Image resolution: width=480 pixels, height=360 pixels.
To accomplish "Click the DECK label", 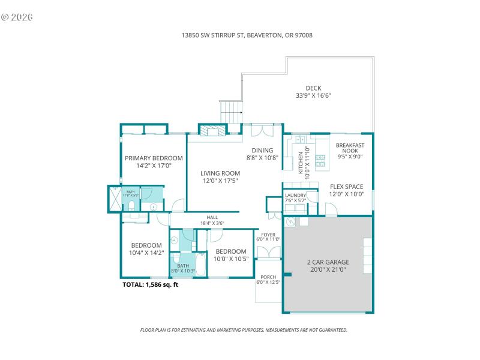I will click(313, 88).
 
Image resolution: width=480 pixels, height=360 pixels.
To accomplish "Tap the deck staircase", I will click(231, 112).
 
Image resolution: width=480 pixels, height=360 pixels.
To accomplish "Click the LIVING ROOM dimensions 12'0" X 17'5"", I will click(220, 181).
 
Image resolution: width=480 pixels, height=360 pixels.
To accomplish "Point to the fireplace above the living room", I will click(212, 132).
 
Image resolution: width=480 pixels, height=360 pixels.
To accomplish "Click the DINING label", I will click(262, 151).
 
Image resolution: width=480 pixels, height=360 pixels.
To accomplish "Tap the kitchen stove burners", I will click(320, 160).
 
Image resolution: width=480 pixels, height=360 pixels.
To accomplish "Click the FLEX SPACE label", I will click(346, 187).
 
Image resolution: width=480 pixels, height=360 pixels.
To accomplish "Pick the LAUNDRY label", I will click(295, 195).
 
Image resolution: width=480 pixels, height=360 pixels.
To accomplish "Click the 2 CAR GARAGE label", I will click(328, 262).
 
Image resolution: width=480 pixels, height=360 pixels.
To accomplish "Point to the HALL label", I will click(212, 218).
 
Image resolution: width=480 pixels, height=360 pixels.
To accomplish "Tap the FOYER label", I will click(268, 235).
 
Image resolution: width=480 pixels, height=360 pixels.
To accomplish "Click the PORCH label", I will click(268, 277).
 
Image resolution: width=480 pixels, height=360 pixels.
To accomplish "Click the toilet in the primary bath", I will click(131, 208).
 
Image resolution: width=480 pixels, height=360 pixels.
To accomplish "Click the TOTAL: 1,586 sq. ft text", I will click(150, 285).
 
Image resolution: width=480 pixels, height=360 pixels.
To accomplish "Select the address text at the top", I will click(247, 35).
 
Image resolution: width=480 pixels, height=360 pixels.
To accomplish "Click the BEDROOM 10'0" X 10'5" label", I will click(230, 251).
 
